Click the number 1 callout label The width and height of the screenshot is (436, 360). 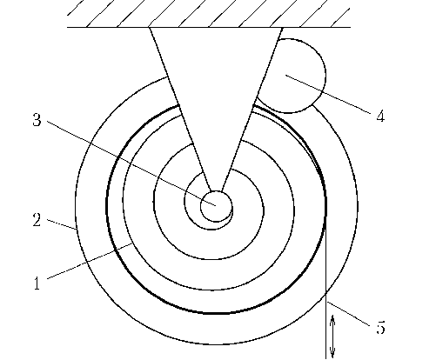37,283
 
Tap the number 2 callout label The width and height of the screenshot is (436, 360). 37,220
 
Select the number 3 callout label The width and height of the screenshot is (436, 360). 37,119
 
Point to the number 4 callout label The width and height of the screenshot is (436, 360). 380,117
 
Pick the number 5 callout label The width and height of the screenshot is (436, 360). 380,328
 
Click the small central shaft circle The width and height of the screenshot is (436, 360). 217,206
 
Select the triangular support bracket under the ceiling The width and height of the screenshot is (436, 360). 215,87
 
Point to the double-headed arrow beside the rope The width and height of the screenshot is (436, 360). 332,337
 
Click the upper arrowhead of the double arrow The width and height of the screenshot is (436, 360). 332,318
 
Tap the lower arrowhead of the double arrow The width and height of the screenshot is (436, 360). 332,354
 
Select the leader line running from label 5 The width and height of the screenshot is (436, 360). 348,314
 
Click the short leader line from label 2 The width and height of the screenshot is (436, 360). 62,224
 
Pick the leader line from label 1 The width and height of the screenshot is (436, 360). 90,261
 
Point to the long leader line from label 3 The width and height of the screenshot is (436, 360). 131,163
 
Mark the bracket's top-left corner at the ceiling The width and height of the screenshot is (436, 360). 149,28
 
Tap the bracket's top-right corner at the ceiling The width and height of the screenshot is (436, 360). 282,28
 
